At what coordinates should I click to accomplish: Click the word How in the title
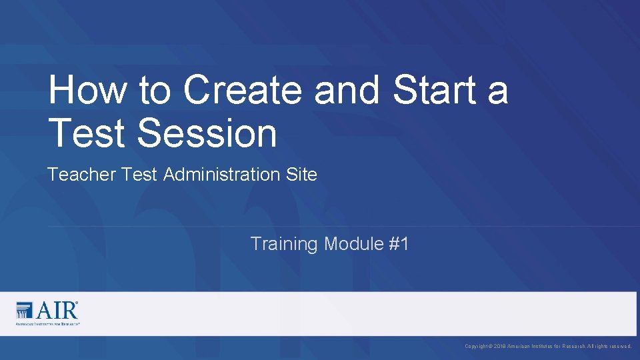(88, 90)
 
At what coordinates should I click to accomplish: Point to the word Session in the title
(207, 132)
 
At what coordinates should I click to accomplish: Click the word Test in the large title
(87, 132)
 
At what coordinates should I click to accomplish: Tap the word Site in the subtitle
(302, 175)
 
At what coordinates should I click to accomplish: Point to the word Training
(284, 244)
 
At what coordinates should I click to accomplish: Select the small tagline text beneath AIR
(47, 323)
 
